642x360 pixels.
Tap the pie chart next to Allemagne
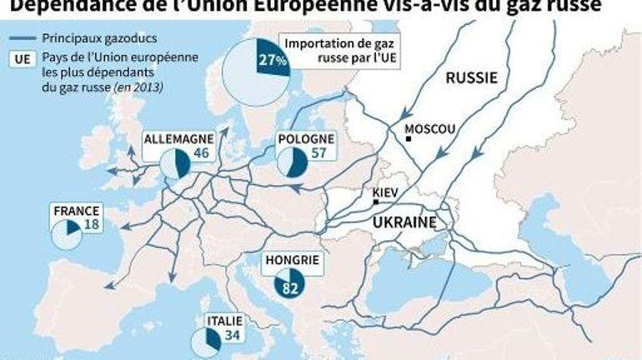[x=175, y=164]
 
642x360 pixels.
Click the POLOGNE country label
[x=307, y=138]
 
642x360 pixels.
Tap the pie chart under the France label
[x=66, y=236]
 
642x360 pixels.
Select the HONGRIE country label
[x=292, y=260]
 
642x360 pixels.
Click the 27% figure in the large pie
[x=273, y=59]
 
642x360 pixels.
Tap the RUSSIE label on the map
[x=471, y=78]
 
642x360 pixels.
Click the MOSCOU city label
[x=429, y=129]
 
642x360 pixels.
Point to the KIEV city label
[x=385, y=192]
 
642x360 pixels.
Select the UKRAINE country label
[x=404, y=222]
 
